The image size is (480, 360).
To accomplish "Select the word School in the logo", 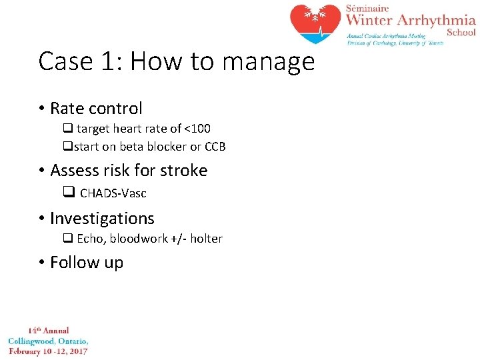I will (x=461, y=32).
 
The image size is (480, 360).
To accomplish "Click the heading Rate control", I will (x=96, y=108).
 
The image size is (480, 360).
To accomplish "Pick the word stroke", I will (x=183, y=171).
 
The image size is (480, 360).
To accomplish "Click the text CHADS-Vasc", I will (x=113, y=193).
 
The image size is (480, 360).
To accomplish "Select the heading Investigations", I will (x=102, y=219).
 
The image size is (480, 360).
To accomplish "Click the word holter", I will (x=206, y=239).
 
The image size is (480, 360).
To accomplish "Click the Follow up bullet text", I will (x=87, y=263).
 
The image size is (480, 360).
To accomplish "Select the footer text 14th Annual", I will (x=48, y=331).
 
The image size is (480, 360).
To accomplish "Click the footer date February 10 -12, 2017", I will (x=48, y=351).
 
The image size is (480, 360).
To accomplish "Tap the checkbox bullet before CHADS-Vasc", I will (x=68, y=193).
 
